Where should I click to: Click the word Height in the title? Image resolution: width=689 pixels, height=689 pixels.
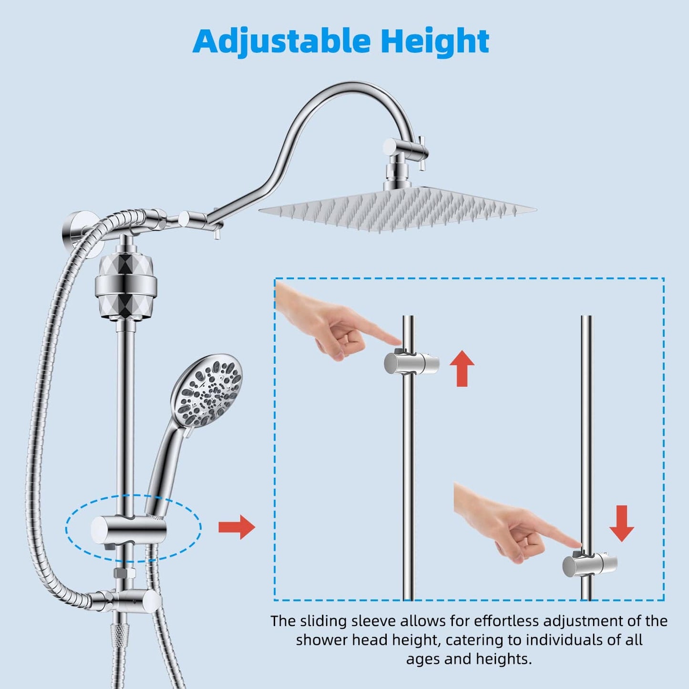435,41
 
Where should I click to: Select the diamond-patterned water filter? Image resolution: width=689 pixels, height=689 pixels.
125,286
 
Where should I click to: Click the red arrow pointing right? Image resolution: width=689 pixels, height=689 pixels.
237,527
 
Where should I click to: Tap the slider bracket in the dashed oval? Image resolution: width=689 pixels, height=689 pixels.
129,531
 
